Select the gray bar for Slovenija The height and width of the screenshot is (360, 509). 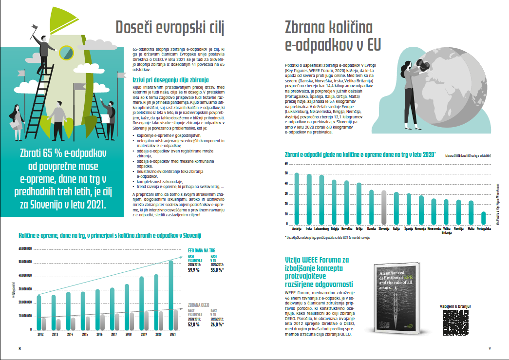[x=384, y=207]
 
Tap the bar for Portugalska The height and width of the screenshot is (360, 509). [x=484, y=217]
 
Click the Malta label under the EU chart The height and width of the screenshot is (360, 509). [x=471, y=228]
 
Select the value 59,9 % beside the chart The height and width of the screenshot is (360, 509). [x=194, y=269]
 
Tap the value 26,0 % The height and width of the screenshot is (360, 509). [x=217, y=324]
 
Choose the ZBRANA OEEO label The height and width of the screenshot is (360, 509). [x=201, y=305]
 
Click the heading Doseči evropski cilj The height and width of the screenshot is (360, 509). [x=170, y=28]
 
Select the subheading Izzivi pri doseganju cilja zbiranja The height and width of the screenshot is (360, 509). [x=170, y=79]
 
